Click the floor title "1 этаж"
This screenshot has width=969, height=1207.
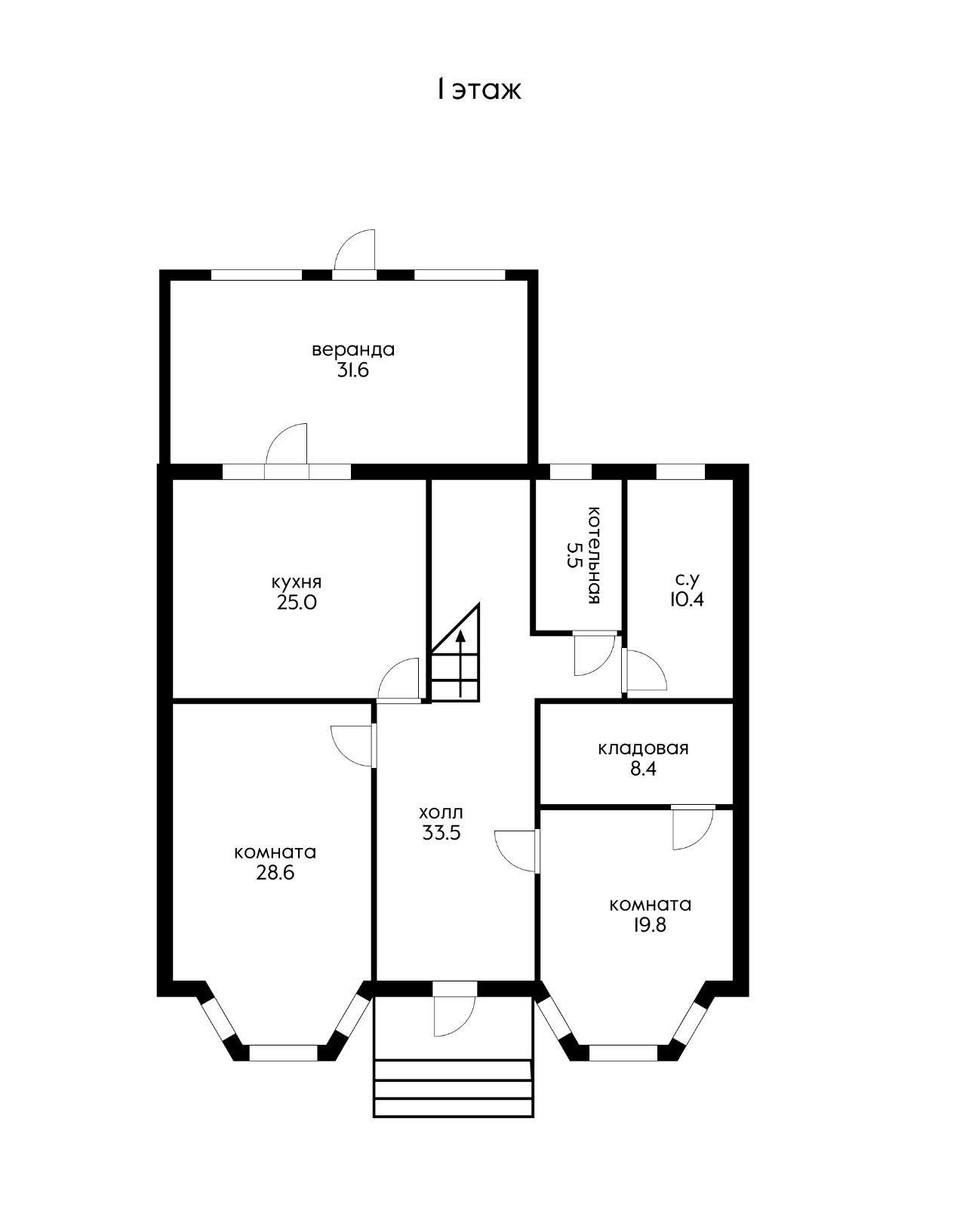tap(478, 90)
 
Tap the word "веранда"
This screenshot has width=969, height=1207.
tap(353, 350)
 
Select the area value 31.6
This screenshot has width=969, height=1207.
tap(353, 370)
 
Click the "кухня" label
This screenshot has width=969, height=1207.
tap(297, 582)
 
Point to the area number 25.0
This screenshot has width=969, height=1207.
tap(297, 603)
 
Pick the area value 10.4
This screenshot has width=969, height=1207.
tap(686, 599)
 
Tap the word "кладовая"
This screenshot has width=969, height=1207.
tap(643, 748)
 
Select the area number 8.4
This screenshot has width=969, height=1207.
tap(643, 769)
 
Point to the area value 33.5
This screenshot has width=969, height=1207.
tap(441, 833)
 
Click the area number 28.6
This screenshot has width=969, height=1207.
tap(275, 874)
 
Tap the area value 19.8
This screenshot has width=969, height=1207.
tap(650, 925)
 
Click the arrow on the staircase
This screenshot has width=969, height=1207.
tap(460, 664)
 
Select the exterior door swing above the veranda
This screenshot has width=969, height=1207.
tap(355, 250)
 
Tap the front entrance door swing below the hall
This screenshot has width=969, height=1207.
tap(454, 1017)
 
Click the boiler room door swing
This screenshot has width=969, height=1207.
tap(595, 655)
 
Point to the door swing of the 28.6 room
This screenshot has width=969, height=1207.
tap(352, 747)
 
